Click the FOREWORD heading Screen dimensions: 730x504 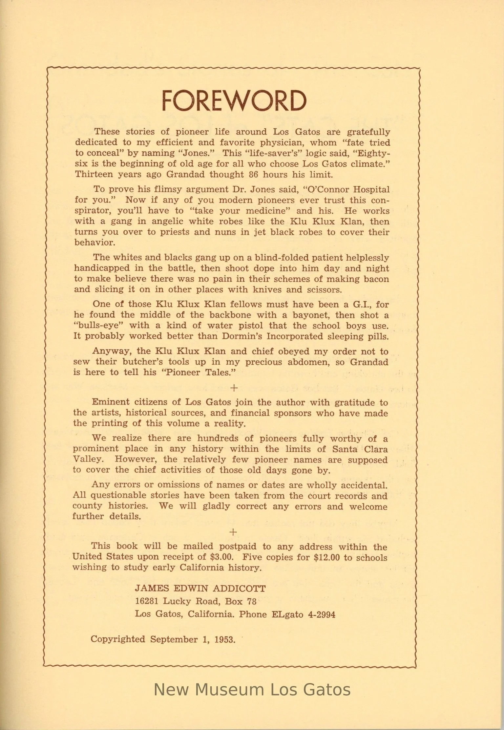pyautogui.click(x=234, y=100)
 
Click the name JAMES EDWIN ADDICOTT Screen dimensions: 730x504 pyautogui.click(x=200, y=588)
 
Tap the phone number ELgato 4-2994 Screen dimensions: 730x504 pyautogui.click(x=303, y=614)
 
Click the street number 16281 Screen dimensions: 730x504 pyautogui.click(x=147, y=601)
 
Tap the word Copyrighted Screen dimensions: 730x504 pyautogui.click(x=117, y=639)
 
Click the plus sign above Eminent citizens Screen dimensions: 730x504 pyautogui.click(x=234, y=388)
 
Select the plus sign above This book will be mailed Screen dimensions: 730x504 pyautogui.click(x=233, y=532)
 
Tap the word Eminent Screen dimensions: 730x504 pyautogui.click(x=111, y=402)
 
